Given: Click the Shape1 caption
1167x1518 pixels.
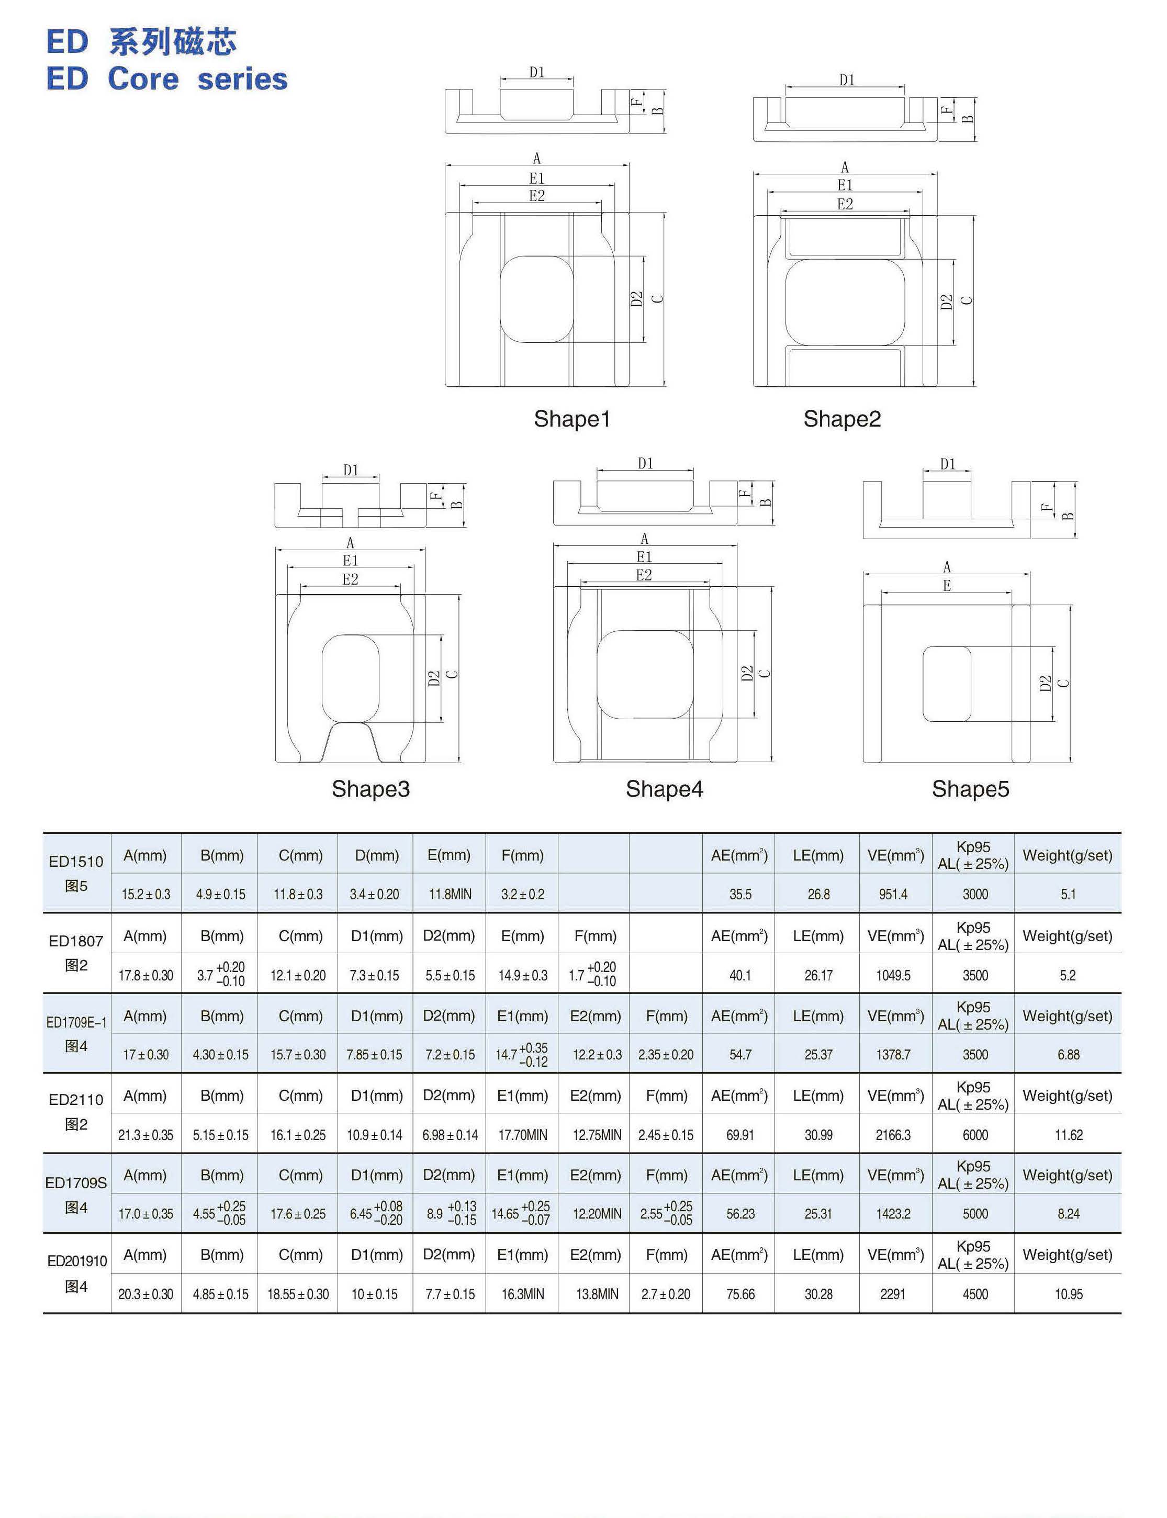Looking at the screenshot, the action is tap(571, 418).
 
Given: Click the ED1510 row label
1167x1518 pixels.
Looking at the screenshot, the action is tap(76, 862).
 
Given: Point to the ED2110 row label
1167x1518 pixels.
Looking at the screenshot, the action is tap(76, 1100).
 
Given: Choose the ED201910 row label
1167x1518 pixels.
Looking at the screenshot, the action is tap(76, 1261).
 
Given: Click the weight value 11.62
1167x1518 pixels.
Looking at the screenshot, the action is tap(1069, 1135).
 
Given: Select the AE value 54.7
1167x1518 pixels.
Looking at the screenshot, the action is tap(740, 1055).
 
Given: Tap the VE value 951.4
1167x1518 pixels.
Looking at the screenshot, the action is tap(893, 894).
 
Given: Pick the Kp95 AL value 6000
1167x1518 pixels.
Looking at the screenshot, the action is tap(975, 1135).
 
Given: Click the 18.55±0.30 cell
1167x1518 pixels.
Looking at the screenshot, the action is tap(298, 1294).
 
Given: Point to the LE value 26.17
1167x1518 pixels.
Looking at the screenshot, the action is tap(818, 975).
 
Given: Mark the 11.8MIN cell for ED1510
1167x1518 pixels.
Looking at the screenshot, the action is tap(450, 894).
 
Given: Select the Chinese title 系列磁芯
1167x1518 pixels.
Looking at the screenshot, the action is tap(173, 42).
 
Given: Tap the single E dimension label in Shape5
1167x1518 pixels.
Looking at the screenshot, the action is tap(947, 586).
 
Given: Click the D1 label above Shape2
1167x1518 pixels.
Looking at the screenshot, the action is tap(846, 80).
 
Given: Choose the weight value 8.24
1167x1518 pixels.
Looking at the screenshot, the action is tap(1069, 1214).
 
